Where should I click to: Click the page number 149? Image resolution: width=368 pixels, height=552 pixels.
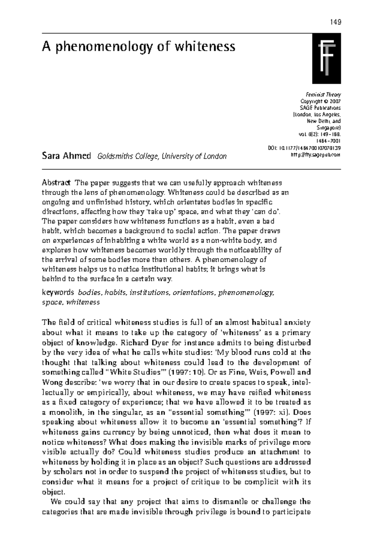pyautogui.click(x=335, y=22)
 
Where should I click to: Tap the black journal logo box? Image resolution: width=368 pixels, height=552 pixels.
pyautogui.click(x=326, y=59)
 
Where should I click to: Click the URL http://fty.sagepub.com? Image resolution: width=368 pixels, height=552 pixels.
pyautogui.click(x=315, y=155)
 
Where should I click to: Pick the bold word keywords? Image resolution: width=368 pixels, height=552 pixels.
pyautogui.click(x=58, y=293)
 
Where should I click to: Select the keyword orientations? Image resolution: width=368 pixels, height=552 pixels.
pyautogui.click(x=194, y=293)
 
